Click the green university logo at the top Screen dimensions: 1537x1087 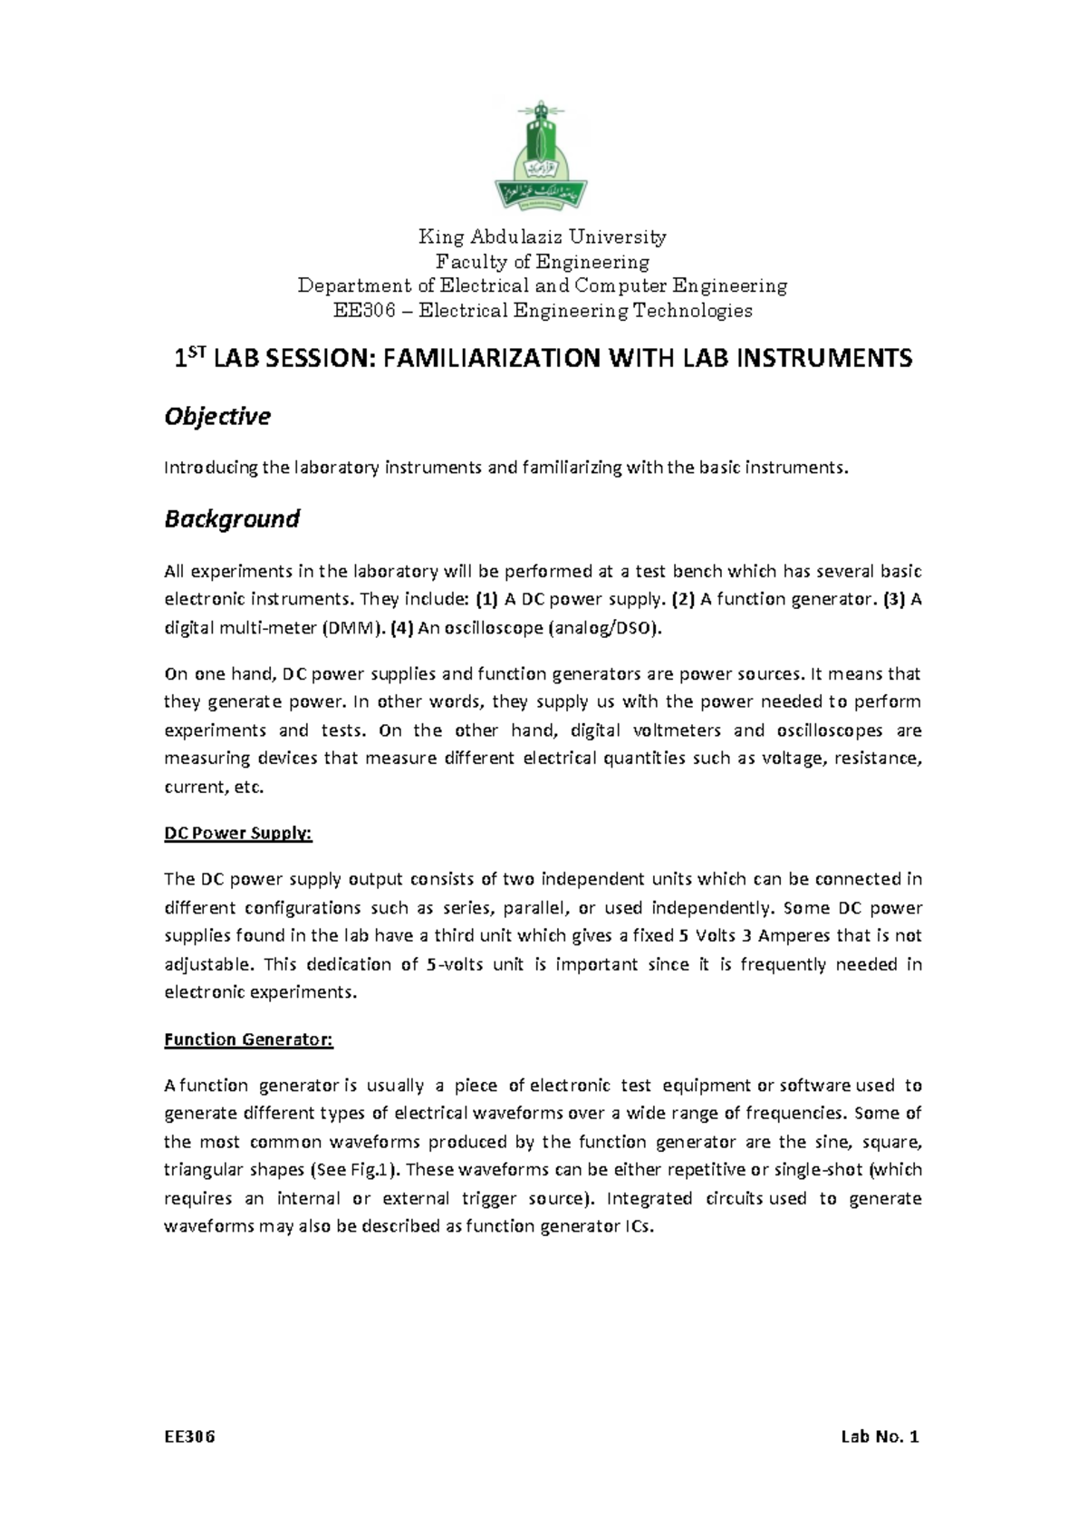tap(541, 155)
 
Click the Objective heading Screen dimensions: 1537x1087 tap(216, 416)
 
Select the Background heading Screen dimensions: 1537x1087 tap(231, 518)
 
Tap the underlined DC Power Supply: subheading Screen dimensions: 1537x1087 tap(237, 833)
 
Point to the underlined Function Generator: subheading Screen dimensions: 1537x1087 tap(248, 1039)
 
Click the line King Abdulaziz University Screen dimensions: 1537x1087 tap(542, 237)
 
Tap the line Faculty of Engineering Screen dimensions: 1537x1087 tap(543, 262)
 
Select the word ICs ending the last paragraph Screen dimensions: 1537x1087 tap(639, 1227)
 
